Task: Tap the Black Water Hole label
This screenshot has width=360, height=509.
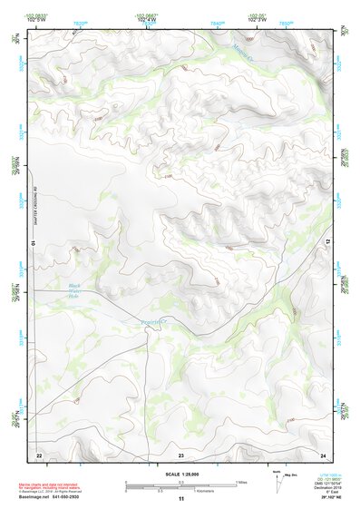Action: point(74,289)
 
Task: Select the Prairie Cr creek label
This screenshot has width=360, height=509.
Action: point(155,322)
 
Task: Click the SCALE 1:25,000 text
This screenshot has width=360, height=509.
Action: point(180,475)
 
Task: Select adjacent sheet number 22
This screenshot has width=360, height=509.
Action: point(39,454)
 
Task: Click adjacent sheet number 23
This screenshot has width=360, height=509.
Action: point(180,454)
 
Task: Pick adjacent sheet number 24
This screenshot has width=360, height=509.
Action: point(323,454)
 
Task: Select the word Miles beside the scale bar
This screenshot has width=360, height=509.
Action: point(241,482)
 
